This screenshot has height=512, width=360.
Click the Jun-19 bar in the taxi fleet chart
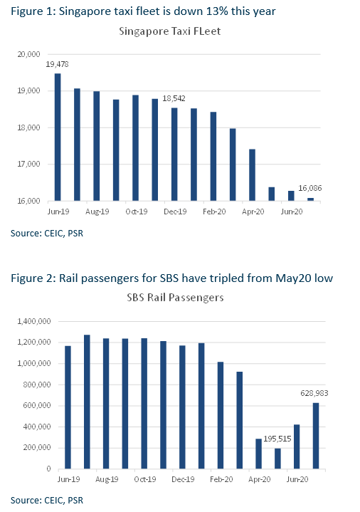click(x=58, y=137)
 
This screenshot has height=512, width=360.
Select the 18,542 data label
click(x=174, y=98)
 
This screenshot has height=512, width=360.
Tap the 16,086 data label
click(x=309, y=188)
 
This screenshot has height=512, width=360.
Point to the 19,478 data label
click(x=57, y=64)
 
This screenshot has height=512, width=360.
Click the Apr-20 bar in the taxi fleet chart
click(x=252, y=175)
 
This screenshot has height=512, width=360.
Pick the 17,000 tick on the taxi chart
click(x=28, y=164)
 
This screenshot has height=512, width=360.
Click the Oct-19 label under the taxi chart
click(x=137, y=211)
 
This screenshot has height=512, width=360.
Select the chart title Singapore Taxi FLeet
click(x=170, y=31)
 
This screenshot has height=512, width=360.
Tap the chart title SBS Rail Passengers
click(x=175, y=298)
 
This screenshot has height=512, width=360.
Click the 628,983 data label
click(x=314, y=393)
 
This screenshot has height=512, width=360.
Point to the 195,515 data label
click(x=277, y=439)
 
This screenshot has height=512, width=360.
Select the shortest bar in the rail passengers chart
click(x=277, y=459)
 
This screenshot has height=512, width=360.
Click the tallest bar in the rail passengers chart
click(x=87, y=402)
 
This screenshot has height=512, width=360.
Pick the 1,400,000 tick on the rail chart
click(x=34, y=322)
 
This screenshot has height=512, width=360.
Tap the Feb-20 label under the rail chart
click(x=221, y=479)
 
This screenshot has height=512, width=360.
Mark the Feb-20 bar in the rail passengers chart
click(x=221, y=415)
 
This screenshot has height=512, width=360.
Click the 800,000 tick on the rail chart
click(x=37, y=385)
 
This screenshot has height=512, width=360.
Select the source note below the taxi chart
click(x=47, y=234)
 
